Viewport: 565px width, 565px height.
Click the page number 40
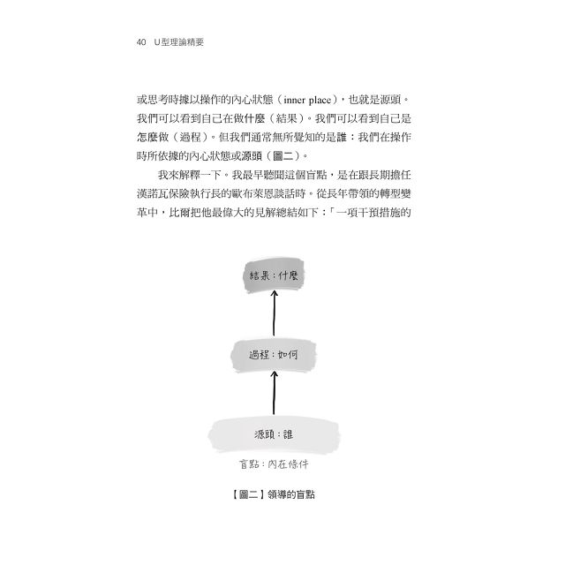click(141, 42)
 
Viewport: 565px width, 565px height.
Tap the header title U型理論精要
click(178, 42)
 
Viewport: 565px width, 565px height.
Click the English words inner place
click(307, 100)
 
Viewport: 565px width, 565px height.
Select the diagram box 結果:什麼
click(274, 275)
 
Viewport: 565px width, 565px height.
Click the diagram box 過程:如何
click(274, 355)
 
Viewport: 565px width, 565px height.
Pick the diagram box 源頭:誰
click(274, 434)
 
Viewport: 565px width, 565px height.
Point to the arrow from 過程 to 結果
click(274, 313)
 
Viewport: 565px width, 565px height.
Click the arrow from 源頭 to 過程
click(274, 393)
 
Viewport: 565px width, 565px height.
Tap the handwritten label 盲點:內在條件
click(274, 464)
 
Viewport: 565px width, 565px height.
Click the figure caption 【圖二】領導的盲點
click(273, 494)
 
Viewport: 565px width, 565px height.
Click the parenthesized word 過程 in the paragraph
click(191, 138)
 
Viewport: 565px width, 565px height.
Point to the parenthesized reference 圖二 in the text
click(283, 156)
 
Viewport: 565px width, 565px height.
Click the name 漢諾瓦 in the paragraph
click(153, 194)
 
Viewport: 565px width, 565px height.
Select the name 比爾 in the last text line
click(179, 213)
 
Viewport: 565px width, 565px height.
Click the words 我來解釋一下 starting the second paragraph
click(190, 175)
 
